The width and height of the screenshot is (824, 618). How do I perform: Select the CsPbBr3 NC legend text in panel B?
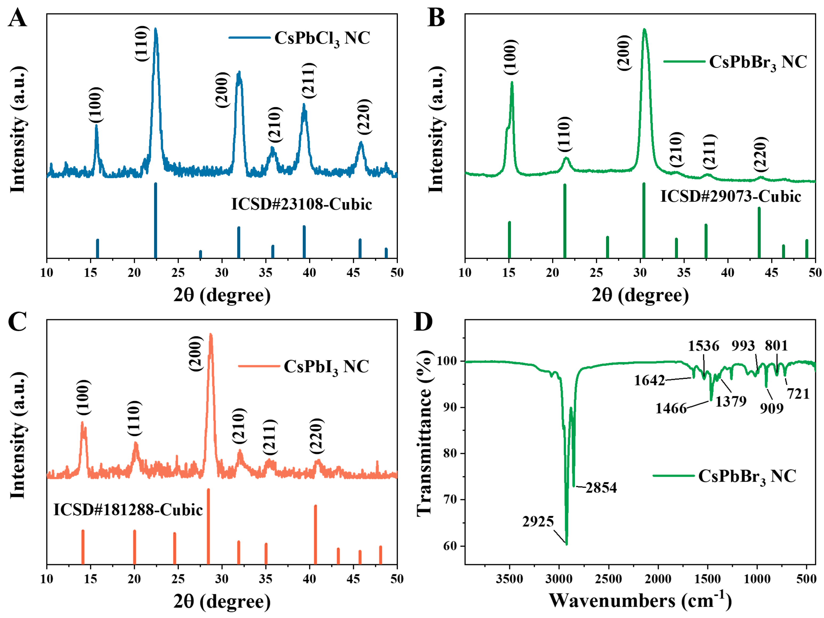point(758,62)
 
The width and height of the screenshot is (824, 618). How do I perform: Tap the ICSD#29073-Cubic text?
point(730,196)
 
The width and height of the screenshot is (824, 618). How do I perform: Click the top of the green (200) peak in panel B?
point(644,30)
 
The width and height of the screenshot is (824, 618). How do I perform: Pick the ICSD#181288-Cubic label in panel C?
point(128,510)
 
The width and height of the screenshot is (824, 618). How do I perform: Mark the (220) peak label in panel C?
point(317,436)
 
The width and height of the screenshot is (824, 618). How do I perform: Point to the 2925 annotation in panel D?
point(538,522)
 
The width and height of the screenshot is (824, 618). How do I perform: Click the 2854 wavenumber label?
point(601,488)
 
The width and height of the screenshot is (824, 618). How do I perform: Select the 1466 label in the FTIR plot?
point(671,409)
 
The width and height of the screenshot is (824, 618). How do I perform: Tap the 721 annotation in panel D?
point(798,394)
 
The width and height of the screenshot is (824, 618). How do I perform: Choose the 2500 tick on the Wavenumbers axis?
point(608,579)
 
